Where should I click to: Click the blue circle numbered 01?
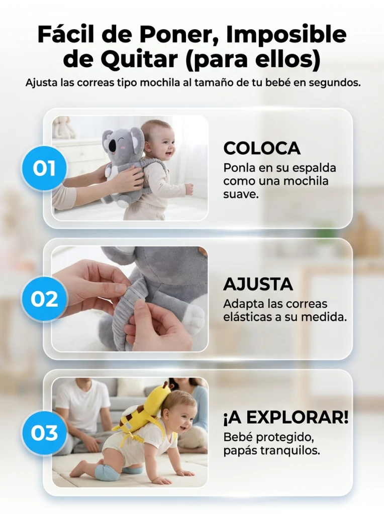(44, 168)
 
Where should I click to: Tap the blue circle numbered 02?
(44, 299)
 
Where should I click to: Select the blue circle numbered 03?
(44, 433)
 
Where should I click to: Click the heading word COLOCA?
(262, 148)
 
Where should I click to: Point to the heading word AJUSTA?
(258, 284)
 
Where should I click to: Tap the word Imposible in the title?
(286, 35)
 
